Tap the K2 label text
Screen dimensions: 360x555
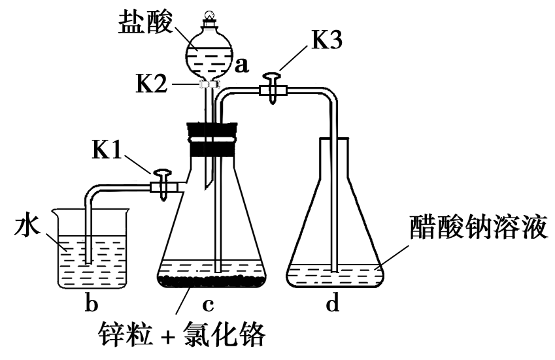(x=156, y=84)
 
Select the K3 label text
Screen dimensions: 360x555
(x=326, y=41)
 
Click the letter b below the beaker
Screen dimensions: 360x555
(x=92, y=304)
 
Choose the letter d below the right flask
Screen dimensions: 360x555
(x=333, y=304)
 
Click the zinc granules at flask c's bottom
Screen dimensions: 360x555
(x=210, y=282)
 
